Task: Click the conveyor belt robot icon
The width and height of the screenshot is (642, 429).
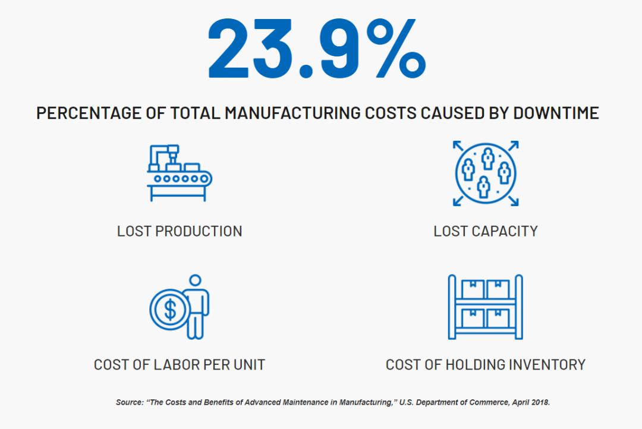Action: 180,172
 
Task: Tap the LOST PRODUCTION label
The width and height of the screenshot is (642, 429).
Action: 180,231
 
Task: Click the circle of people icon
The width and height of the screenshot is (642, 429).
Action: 486,173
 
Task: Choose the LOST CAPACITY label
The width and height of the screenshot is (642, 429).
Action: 486,231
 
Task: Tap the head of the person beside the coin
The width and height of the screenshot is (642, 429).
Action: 195,281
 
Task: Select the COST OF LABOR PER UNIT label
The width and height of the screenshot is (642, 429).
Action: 180,364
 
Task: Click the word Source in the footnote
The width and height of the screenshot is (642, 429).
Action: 129,402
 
